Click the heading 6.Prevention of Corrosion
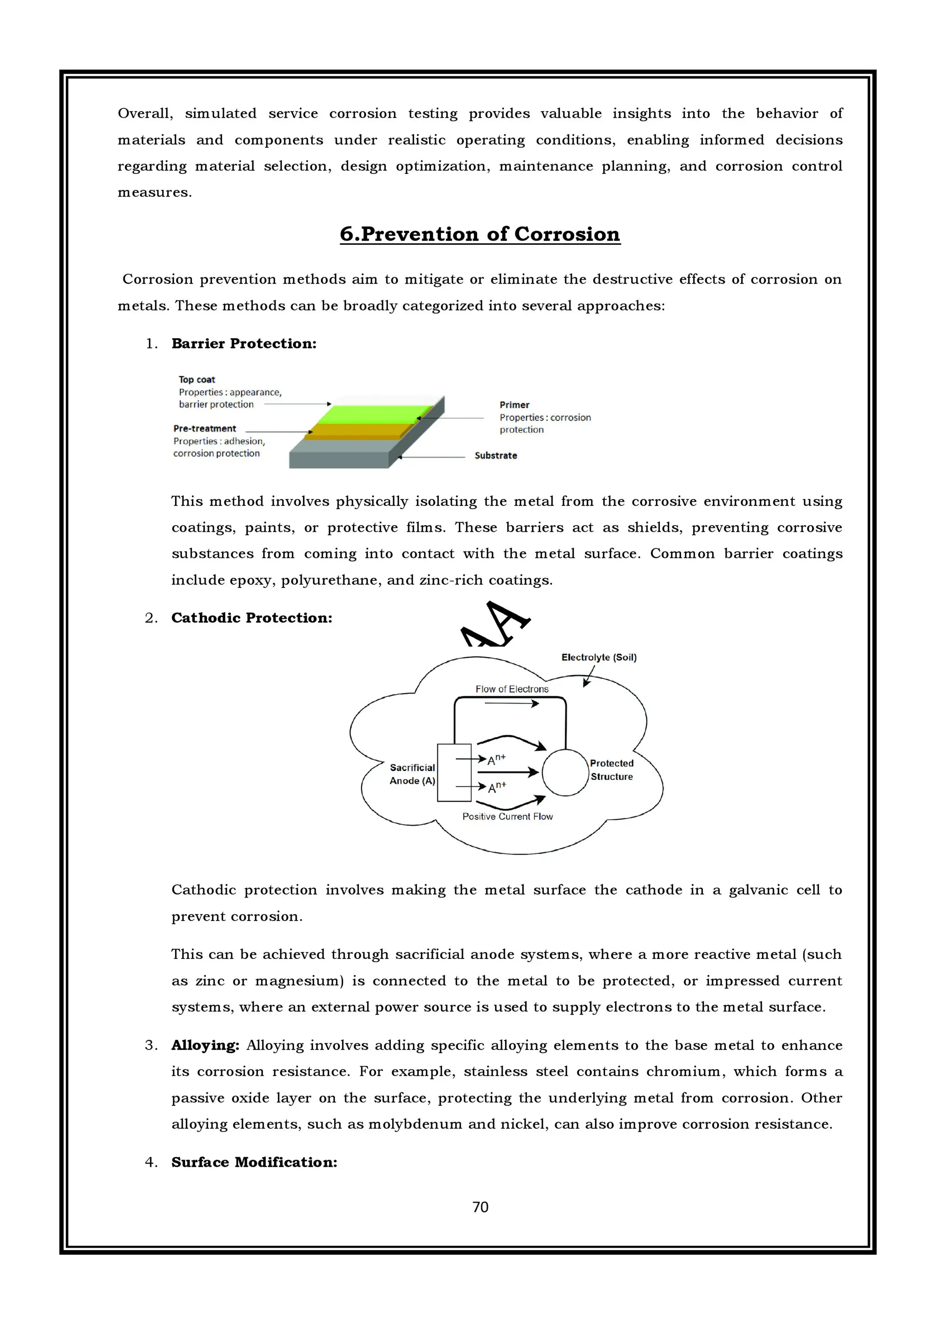point(480,234)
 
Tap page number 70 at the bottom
point(480,1207)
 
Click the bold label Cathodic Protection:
point(251,618)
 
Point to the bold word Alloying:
point(205,1045)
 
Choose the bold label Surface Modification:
point(254,1163)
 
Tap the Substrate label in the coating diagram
point(495,455)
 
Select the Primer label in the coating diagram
point(515,405)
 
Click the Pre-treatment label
point(205,429)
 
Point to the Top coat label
point(197,380)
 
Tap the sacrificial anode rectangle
point(454,773)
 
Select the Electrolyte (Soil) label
point(599,657)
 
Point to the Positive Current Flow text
point(507,816)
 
